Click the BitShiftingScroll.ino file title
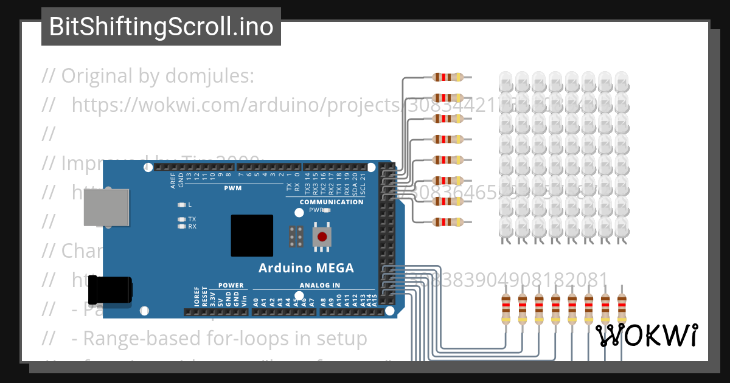tap(161, 27)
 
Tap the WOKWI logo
tap(646, 336)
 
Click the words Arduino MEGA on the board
tap(306, 268)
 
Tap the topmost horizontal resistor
tap(448, 77)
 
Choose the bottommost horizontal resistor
tap(448, 222)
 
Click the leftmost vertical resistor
tap(506, 309)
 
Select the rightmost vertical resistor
tap(621, 309)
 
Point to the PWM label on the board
tap(232, 188)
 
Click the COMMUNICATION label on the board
tap(332, 202)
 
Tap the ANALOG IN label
tap(319, 285)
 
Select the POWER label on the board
tap(231, 285)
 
